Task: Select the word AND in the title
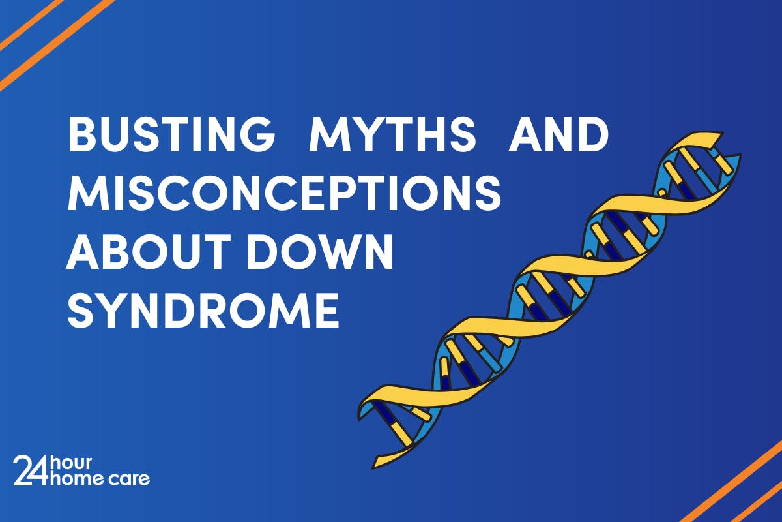pyautogui.click(x=558, y=136)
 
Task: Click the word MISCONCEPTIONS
pyautogui.click(x=284, y=194)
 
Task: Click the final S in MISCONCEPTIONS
pyautogui.click(x=487, y=194)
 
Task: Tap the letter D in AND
pyautogui.click(x=592, y=136)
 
